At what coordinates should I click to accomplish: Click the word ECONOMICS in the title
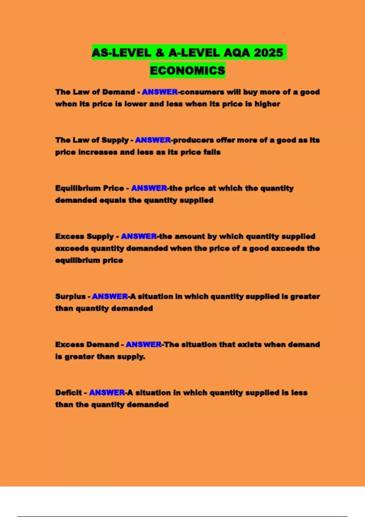(187, 71)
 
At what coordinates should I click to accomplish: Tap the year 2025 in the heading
(269, 53)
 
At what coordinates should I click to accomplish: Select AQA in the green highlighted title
(237, 53)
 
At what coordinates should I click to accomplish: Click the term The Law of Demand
(95, 92)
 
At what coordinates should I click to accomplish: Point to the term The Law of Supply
(92, 140)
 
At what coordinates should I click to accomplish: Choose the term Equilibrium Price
(89, 188)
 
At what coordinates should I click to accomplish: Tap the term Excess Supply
(84, 236)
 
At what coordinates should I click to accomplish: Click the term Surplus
(70, 297)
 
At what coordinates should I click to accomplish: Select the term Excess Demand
(87, 345)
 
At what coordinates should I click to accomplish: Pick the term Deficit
(68, 393)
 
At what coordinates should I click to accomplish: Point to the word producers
(193, 140)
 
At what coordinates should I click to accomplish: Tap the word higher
(267, 104)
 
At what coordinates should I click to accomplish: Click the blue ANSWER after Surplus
(110, 297)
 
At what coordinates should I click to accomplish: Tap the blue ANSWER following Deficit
(107, 393)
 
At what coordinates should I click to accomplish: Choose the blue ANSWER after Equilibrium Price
(149, 188)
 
